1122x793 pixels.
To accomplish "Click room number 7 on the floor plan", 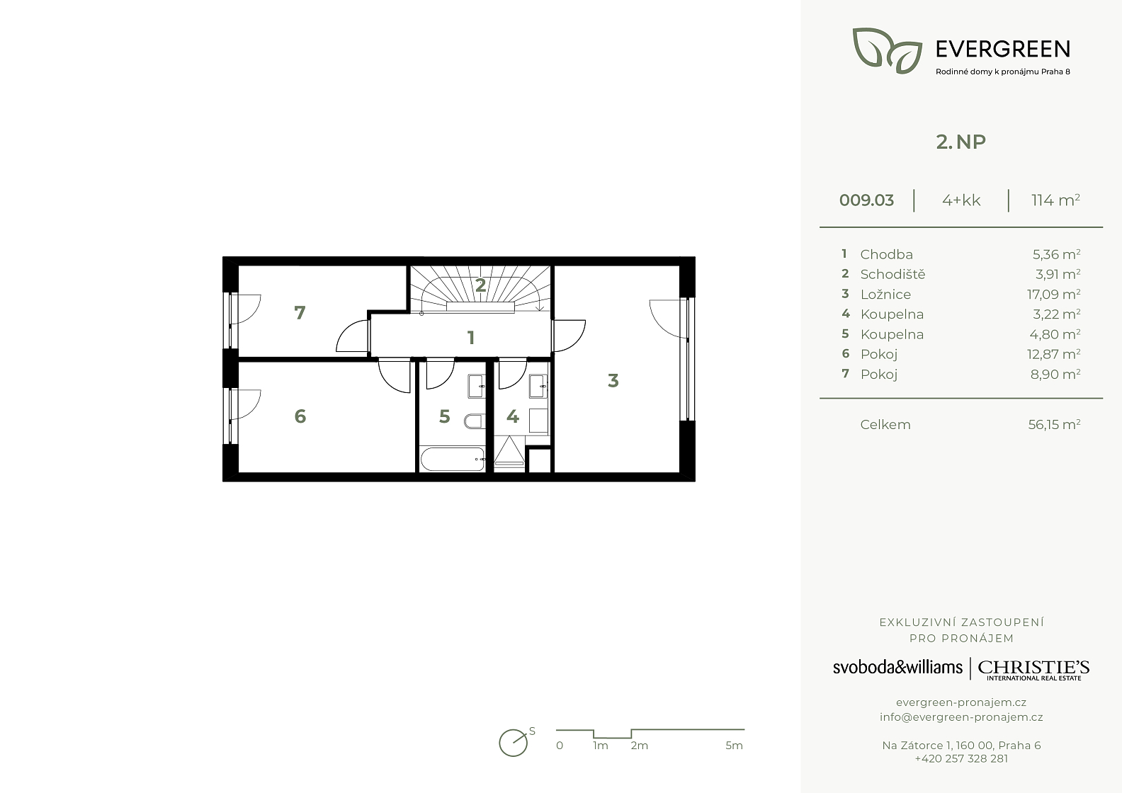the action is (300, 313).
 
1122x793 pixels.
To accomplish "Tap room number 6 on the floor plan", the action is (300, 416).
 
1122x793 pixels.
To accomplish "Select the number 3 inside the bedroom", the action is (613, 380).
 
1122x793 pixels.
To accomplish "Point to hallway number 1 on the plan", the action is (471, 338).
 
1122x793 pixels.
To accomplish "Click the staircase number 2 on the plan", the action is (480, 285).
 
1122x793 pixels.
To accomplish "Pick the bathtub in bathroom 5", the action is (453, 459).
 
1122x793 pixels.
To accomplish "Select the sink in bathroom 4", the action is (538, 386).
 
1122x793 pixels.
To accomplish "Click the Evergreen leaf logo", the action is (887, 50).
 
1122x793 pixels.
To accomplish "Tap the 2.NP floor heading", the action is (960, 142).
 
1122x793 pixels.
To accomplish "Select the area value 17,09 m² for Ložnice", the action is (1053, 295).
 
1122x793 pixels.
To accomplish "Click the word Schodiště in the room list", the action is (892, 274).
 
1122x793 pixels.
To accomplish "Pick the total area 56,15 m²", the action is (1054, 425).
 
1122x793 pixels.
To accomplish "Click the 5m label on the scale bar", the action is (734, 746).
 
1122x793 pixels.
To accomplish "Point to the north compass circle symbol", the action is (513, 743).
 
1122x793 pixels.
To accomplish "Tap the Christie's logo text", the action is (1033, 670).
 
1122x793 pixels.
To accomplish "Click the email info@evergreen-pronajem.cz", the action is (961, 717).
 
